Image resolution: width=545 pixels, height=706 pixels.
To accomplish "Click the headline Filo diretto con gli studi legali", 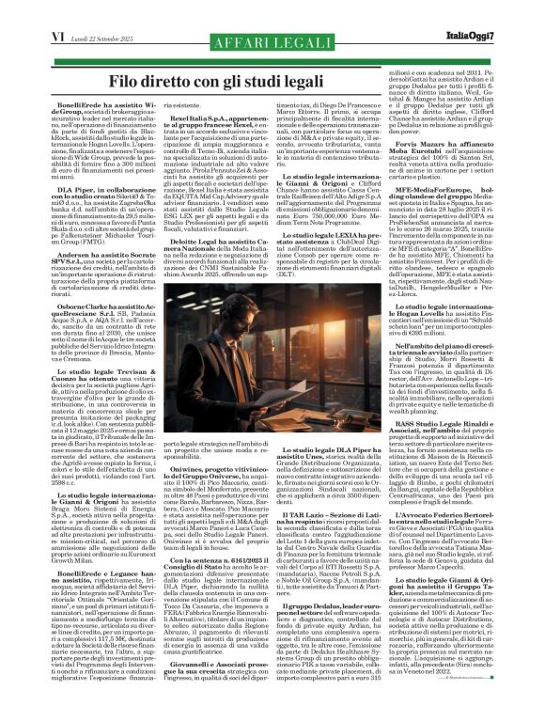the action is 272,57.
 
